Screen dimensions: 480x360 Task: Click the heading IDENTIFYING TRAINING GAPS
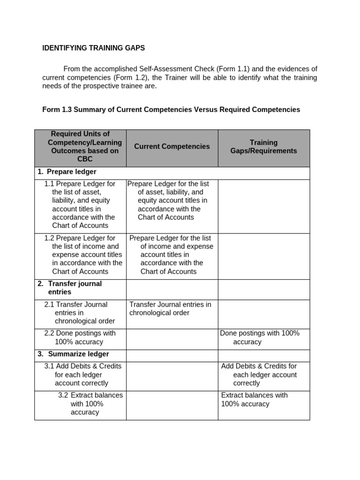click(x=93, y=48)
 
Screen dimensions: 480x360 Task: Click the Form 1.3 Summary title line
click(x=171, y=110)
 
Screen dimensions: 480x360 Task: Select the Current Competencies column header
click(x=172, y=147)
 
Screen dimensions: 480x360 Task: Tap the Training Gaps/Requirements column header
click(x=263, y=147)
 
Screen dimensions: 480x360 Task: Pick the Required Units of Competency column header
click(x=80, y=147)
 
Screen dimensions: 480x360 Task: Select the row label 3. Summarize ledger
click(x=73, y=354)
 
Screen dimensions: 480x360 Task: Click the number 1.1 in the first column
click(x=49, y=184)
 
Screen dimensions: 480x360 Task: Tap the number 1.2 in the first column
click(x=49, y=238)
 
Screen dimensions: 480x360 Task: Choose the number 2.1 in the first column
click(x=49, y=305)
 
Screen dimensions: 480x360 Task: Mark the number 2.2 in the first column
click(x=49, y=333)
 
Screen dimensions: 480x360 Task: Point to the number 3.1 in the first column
click(x=49, y=366)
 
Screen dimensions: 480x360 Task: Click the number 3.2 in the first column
click(x=63, y=395)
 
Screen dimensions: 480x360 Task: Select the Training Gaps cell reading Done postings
click(x=260, y=337)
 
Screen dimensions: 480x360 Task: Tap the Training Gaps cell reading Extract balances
click(x=255, y=399)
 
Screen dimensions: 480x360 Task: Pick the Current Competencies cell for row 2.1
click(x=170, y=309)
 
